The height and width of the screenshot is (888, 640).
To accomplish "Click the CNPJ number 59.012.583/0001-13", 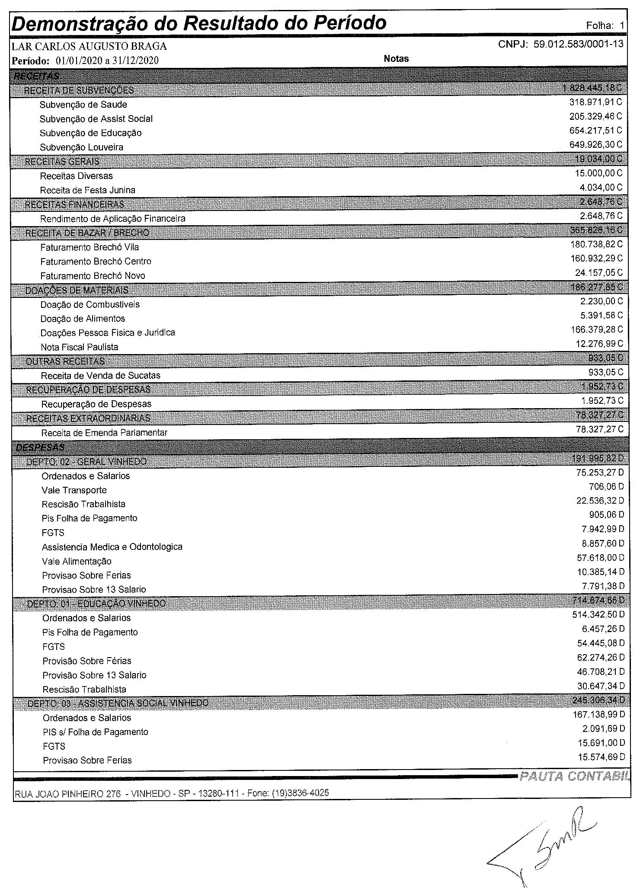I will click(579, 44).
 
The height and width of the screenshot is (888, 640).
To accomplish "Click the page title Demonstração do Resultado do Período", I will click(199, 23).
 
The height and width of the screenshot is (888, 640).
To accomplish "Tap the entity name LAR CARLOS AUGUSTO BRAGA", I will click(89, 46).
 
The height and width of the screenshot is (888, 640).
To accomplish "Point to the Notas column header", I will click(396, 59).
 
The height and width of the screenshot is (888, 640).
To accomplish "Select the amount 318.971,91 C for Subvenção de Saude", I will click(595, 102).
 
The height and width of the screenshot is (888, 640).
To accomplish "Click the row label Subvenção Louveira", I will click(81, 147).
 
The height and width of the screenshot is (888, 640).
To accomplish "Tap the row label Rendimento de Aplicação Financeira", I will click(112, 219).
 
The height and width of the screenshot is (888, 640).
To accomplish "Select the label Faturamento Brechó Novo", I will click(93, 276).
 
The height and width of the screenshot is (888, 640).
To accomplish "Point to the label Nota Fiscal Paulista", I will click(79, 347).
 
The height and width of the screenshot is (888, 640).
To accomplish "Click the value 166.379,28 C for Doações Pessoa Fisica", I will click(597, 330).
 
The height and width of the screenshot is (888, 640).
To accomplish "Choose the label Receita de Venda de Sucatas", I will click(100, 376).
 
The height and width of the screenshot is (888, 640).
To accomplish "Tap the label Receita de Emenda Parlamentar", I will click(104, 433).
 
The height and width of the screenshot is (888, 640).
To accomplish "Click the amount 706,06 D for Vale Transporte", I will click(606, 487).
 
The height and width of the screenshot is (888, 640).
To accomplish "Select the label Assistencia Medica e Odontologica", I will click(112, 547).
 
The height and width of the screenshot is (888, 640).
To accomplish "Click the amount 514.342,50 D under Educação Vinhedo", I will click(598, 614).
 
